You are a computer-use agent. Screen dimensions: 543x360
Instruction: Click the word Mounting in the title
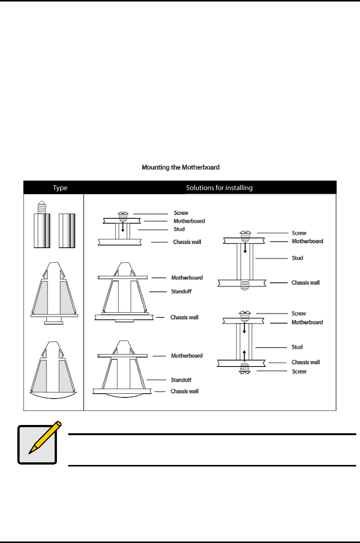click(155, 167)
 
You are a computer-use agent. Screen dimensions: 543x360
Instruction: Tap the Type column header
click(60, 188)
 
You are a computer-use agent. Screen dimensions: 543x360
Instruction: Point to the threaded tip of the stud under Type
click(42, 207)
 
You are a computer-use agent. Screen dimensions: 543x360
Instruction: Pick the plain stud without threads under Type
click(67, 230)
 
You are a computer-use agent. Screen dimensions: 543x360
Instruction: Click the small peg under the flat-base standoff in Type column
click(54, 321)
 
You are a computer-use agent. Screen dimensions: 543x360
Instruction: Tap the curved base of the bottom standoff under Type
click(53, 395)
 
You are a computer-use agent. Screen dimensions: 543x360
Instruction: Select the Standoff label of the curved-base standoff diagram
click(181, 380)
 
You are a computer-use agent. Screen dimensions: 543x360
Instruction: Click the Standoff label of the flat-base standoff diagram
click(181, 291)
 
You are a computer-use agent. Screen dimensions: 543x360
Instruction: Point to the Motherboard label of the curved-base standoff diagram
click(187, 356)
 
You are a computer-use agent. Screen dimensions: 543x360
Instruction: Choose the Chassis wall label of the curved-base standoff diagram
click(184, 391)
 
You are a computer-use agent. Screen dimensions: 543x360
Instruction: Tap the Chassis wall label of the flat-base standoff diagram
click(184, 318)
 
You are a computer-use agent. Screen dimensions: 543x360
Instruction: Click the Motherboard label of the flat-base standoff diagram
click(187, 278)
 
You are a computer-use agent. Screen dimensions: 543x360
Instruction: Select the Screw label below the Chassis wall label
click(299, 371)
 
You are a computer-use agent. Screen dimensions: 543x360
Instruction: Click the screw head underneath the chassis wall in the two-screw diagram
click(245, 371)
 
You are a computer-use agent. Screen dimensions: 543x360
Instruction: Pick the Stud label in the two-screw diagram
click(297, 347)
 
